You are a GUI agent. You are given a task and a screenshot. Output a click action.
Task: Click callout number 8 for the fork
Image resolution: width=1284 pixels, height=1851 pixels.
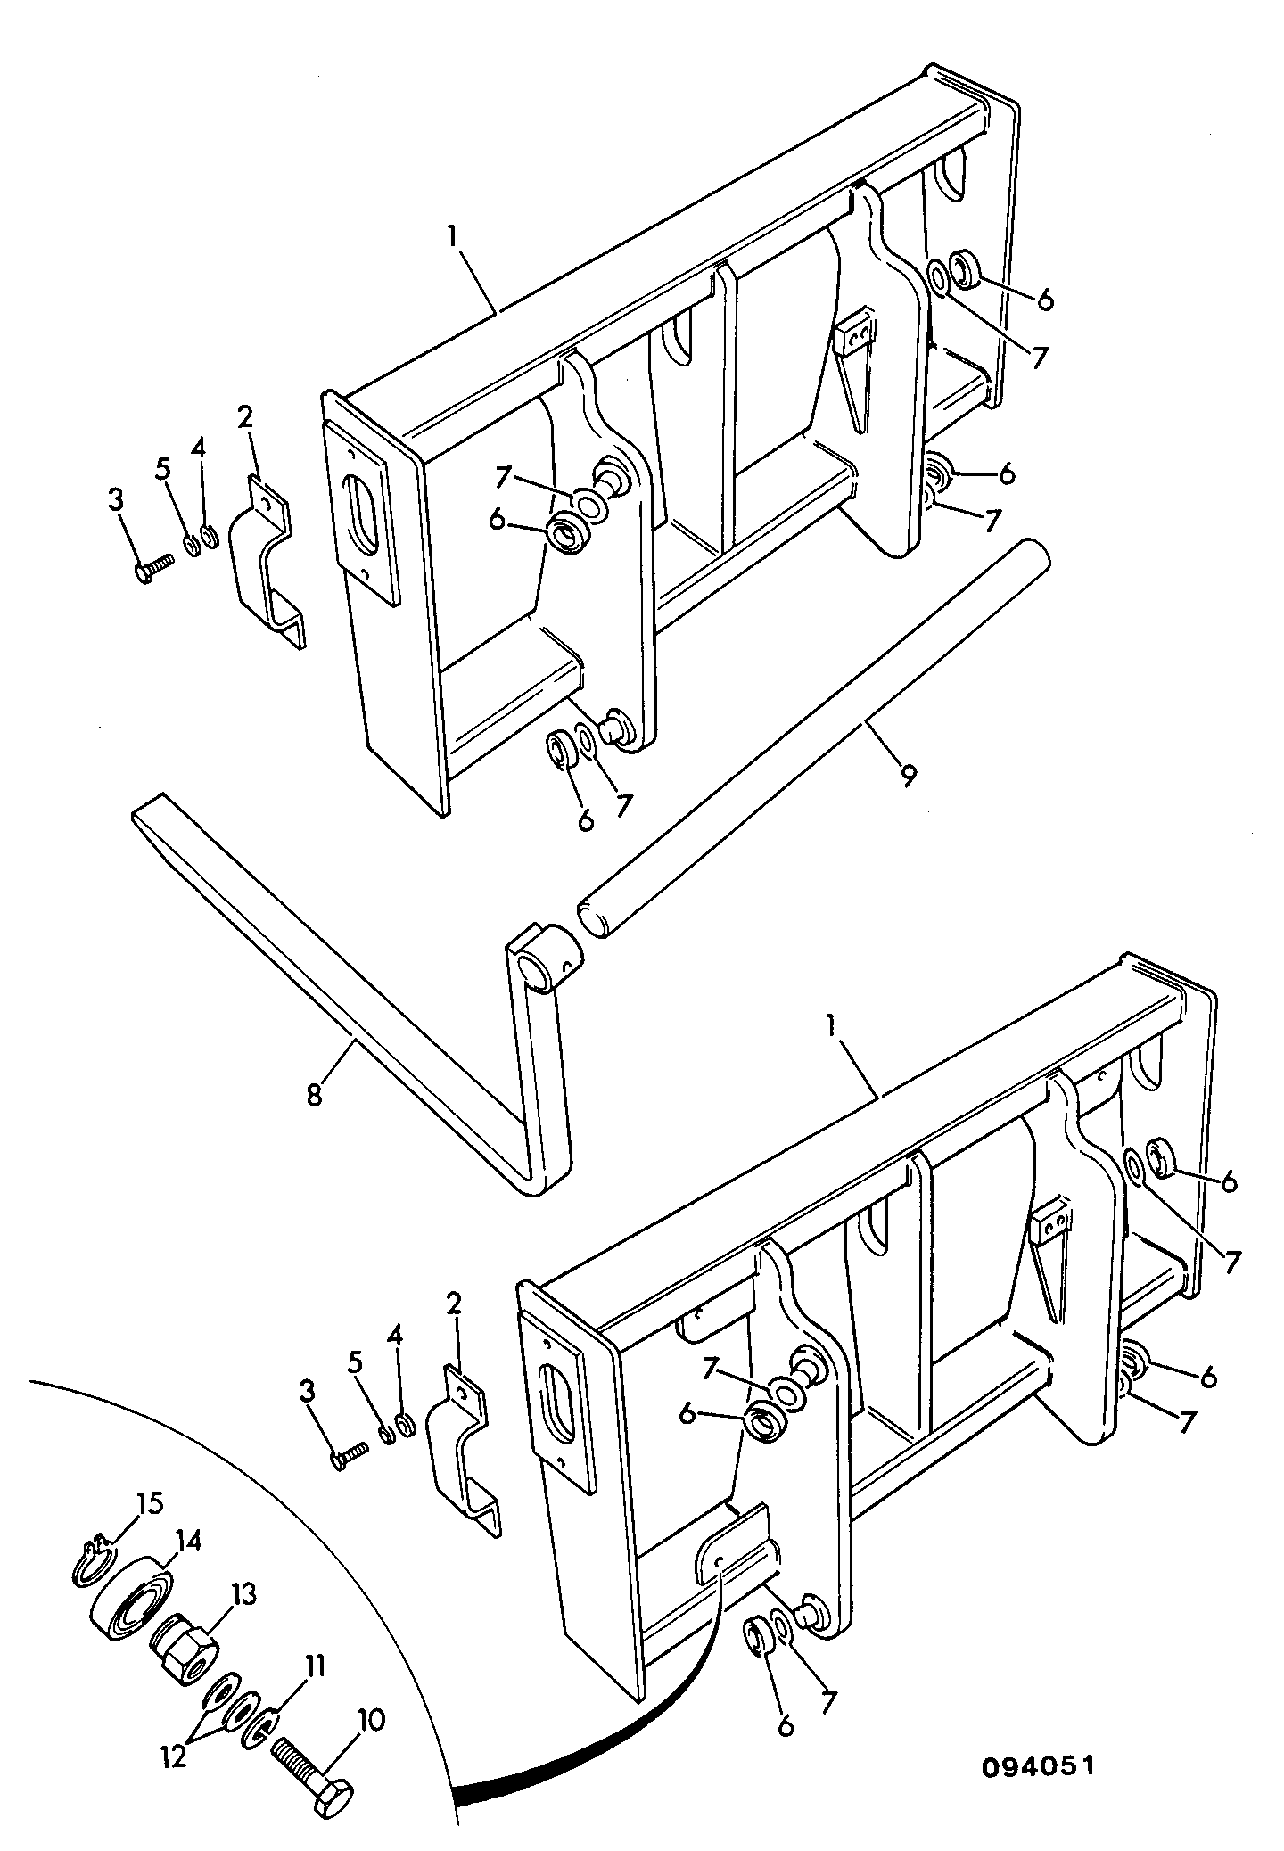point(314,1094)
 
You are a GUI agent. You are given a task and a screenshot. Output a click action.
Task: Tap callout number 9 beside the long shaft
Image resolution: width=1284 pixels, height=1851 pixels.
point(907,776)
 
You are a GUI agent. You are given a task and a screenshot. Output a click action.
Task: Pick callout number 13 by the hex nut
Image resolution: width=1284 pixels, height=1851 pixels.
point(244,1592)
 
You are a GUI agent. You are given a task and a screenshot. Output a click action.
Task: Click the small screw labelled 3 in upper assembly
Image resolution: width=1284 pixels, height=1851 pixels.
point(155,568)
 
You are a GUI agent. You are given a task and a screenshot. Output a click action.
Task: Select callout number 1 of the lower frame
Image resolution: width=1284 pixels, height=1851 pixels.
point(830,1026)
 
